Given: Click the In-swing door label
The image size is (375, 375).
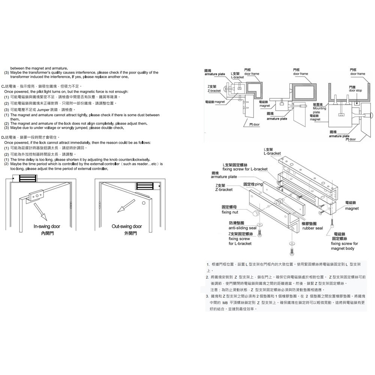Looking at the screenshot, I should pyautogui.click(x=46, y=226).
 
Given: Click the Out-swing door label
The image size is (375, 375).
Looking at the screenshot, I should pyautogui.click(x=127, y=226).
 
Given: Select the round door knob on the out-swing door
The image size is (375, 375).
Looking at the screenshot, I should pyautogui.click(x=144, y=203).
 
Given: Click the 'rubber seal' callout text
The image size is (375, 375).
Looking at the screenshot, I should pyautogui.click(x=312, y=228).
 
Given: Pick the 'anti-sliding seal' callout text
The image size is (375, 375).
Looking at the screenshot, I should pyautogui.click(x=242, y=228).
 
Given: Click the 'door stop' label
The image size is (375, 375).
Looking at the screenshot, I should pyautogui.click(x=355, y=90).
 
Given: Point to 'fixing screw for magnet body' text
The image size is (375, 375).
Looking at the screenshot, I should pyautogui.click(x=344, y=246).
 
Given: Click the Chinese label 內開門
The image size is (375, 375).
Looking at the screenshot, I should pyautogui.click(x=46, y=233).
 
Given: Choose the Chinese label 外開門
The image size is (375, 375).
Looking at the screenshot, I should pyautogui.click(x=127, y=233).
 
